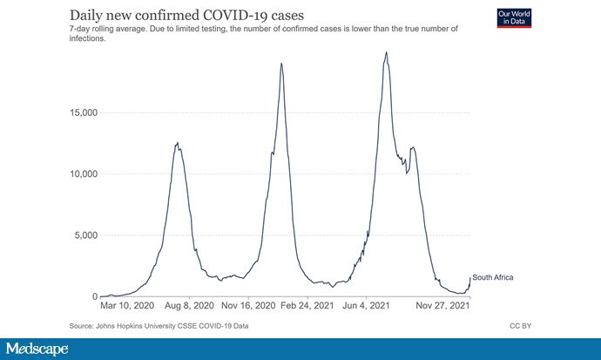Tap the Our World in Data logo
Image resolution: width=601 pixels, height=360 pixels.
(513, 17)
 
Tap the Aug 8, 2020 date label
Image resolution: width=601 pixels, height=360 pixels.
(190, 307)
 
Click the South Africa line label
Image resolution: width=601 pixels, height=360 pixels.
(493, 277)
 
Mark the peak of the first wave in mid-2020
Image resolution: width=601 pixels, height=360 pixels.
(178, 143)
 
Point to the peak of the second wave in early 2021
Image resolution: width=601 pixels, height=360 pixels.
(281, 63)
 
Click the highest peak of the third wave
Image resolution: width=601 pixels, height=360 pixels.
(386, 52)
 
